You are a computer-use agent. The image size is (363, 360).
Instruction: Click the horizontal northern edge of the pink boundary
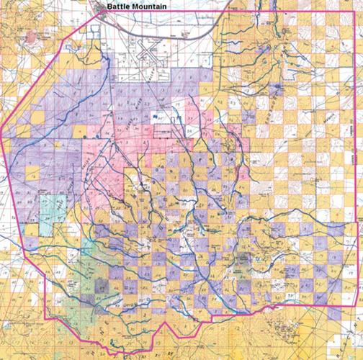coord(288,12)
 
